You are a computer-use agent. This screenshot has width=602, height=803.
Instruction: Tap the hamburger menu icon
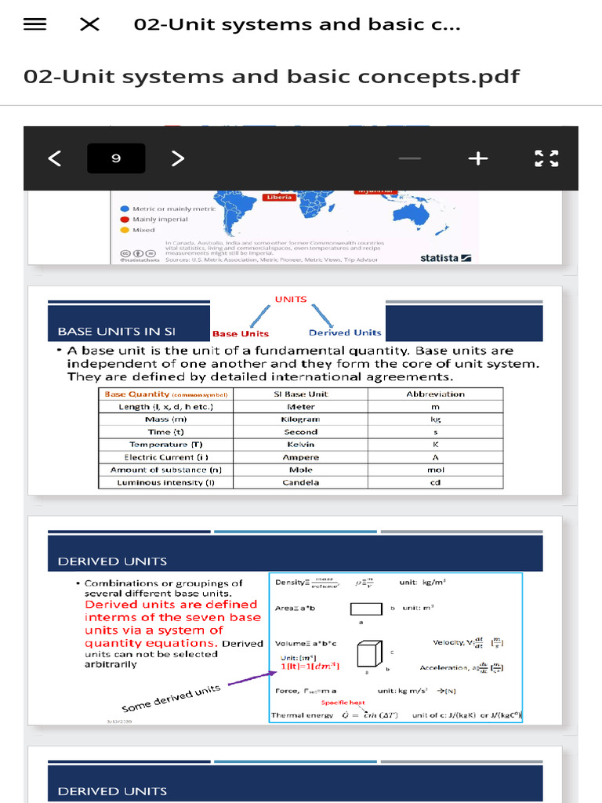[34, 24]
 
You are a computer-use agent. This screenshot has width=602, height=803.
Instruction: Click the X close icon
[89, 24]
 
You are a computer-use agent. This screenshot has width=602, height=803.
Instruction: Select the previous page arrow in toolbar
[54, 158]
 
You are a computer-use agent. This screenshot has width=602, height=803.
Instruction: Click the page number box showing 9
[116, 158]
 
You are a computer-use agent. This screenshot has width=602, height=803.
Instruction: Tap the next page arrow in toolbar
[178, 158]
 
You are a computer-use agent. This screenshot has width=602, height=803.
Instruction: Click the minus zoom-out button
[409, 158]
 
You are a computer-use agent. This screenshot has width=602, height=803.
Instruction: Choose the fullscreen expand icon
[546, 158]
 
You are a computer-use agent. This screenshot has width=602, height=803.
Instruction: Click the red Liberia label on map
[280, 197]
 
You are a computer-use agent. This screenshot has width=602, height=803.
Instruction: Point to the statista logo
[445, 257]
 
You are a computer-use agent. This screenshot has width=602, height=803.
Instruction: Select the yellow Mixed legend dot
[125, 231]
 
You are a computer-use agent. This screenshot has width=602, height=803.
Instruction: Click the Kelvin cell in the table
[301, 445]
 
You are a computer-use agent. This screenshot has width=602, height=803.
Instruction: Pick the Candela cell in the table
[301, 482]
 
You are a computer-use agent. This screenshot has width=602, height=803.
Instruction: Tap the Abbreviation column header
[435, 394]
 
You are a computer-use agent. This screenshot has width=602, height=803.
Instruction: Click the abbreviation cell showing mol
[435, 470]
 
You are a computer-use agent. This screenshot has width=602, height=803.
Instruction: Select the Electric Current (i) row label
[166, 457]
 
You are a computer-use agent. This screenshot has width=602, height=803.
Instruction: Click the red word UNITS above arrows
[291, 299]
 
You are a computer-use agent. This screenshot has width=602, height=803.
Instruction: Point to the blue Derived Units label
[345, 332]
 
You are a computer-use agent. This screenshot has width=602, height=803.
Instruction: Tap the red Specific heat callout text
[343, 703]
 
